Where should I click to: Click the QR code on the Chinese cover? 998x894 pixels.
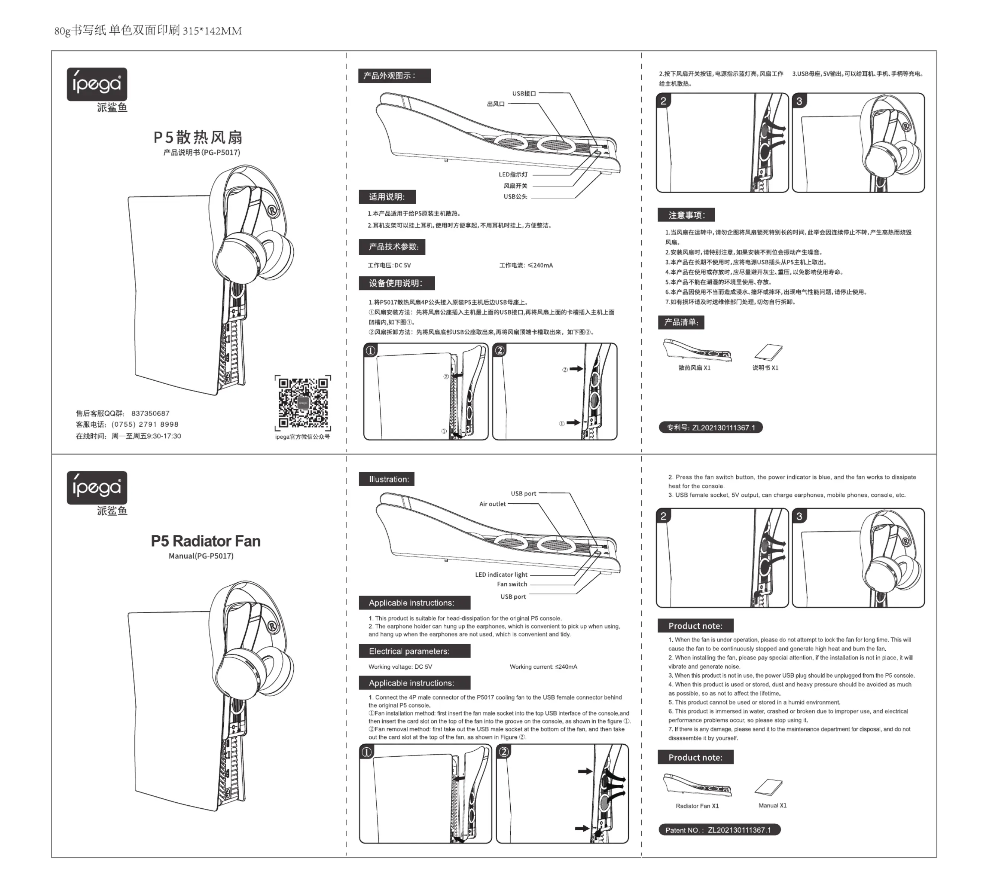303,402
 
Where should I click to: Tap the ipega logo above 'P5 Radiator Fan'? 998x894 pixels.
97,488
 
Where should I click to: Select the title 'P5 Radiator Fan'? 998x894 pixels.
205,541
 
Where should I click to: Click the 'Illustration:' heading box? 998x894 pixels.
386,479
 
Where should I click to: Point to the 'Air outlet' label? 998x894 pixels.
492,504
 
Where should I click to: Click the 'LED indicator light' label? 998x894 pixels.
501,575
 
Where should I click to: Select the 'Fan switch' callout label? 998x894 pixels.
512,584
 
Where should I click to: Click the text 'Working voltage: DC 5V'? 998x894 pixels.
400,666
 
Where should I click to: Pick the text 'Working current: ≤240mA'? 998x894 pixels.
543,666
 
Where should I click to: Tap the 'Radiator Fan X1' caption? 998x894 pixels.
697,806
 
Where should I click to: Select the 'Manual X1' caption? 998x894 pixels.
772,806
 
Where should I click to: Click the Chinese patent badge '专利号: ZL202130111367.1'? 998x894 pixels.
710,427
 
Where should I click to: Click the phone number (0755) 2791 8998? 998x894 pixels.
145,424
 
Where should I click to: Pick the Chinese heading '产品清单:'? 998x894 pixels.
681,322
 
